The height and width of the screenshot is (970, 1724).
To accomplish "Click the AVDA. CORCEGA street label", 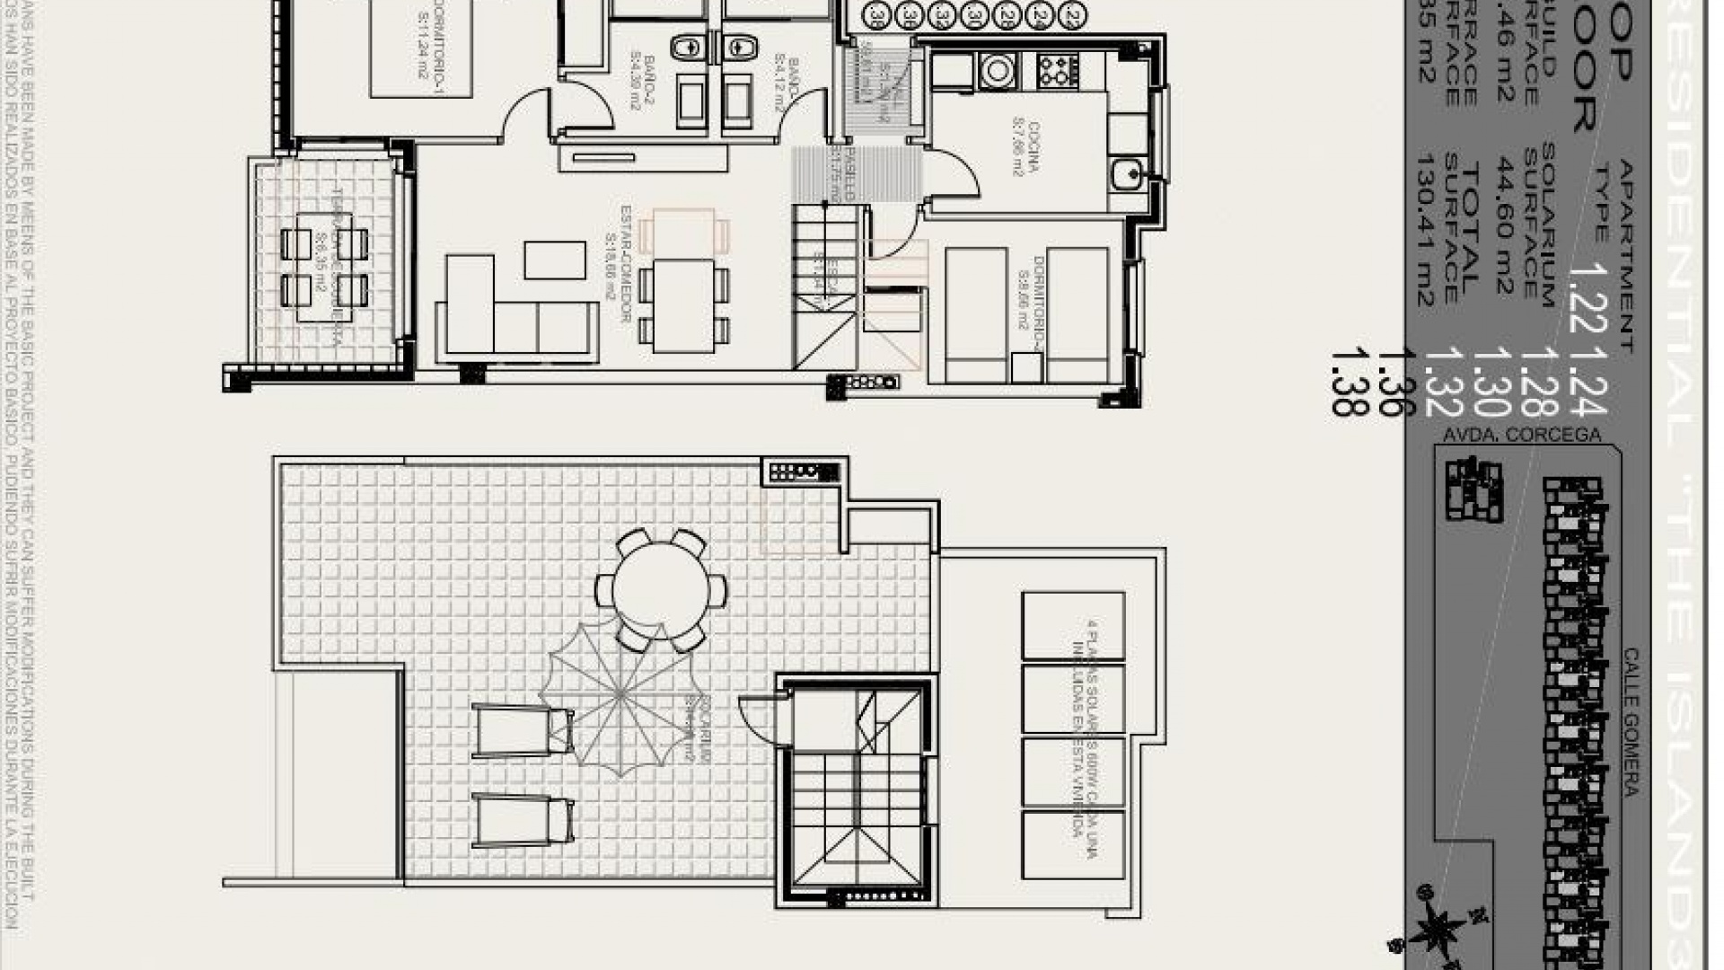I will tap(1521, 435).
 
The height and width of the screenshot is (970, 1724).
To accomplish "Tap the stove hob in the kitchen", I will tap(1058, 71).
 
